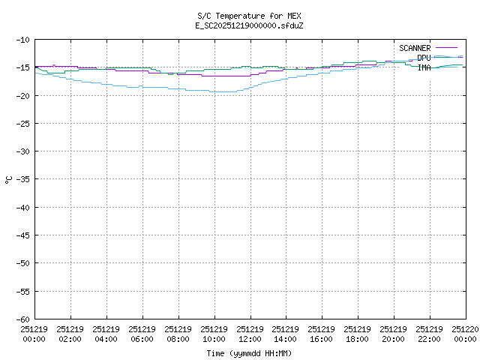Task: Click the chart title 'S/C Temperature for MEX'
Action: [x=250, y=16]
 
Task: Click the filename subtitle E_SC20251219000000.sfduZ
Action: [x=250, y=25]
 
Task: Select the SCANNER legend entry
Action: [x=415, y=48]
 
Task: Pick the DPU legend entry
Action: [x=424, y=58]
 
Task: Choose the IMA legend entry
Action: [x=424, y=67]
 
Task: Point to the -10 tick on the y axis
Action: [x=22, y=39]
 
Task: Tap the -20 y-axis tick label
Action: [x=22, y=95]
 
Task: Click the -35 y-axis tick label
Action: [x=22, y=179]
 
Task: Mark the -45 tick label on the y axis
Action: [x=22, y=235]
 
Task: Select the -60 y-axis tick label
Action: [x=22, y=319]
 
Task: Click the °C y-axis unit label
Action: [x=9, y=179]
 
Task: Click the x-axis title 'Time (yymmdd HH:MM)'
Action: [x=250, y=353]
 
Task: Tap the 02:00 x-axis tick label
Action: [x=70, y=334]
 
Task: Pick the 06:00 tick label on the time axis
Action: [x=142, y=334]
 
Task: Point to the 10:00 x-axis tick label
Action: [x=214, y=334]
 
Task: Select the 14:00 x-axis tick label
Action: [x=286, y=334]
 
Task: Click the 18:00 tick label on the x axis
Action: [x=358, y=334]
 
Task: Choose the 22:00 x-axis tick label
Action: [x=430, y=334]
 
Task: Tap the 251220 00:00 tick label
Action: [x=465, y=334]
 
